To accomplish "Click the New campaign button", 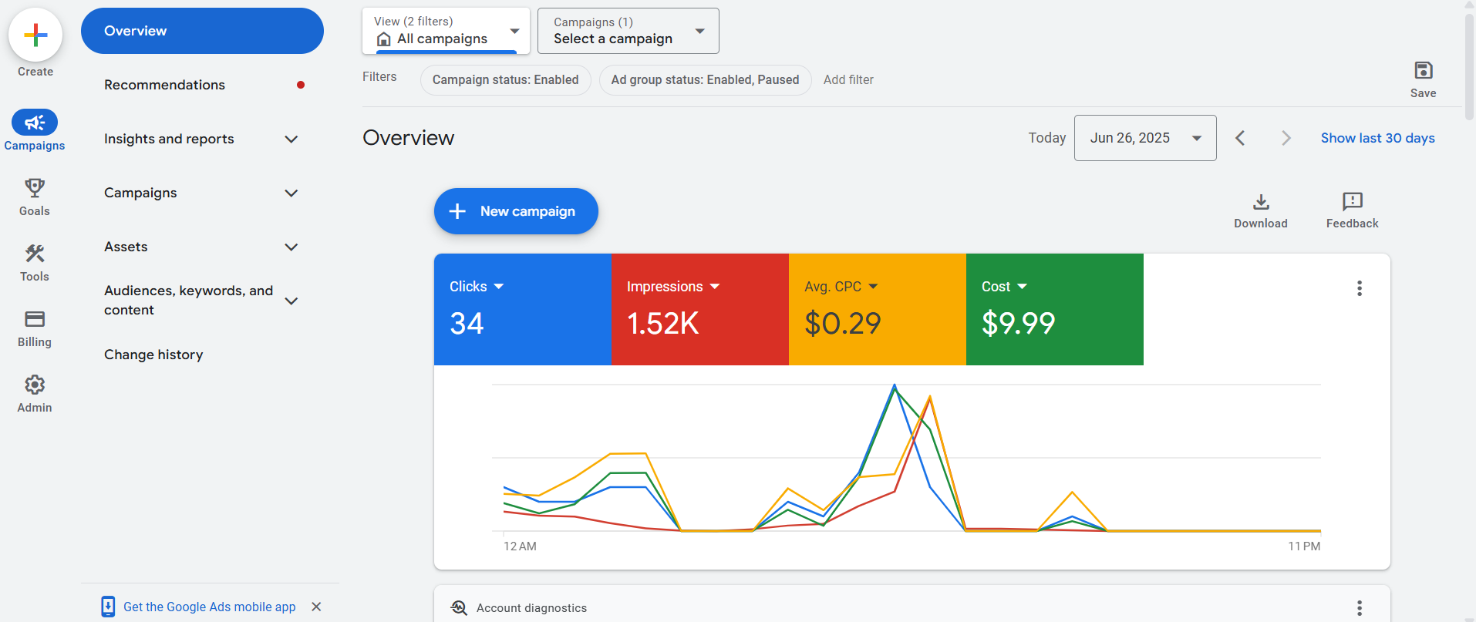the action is click(516, 211).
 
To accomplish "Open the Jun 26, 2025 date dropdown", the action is click(1145, 138).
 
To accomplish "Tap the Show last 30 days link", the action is click(1377, 138).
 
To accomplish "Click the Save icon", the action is click(1423, 71).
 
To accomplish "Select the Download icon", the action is click(1261, 202).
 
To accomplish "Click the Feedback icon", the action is click(1352, 202).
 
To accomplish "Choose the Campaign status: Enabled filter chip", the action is click(505, 80).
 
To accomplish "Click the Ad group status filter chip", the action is click(705, 80).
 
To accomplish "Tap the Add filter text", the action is click(848, 80).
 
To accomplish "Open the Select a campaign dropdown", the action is click(628, 31).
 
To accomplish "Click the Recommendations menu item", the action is click(164, 85).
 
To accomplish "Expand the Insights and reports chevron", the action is click(291, 140).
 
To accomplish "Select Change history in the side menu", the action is click(153, 355).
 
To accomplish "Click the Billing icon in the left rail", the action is click(35, 319).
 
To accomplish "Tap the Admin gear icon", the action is click(35, 385).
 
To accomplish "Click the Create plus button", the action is click(35, 35).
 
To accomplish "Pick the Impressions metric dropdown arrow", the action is click(715, 287).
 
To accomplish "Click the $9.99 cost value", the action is click(1018, 324).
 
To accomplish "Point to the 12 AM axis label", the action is click(520, 546).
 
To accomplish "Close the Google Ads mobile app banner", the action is click(316, 607).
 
